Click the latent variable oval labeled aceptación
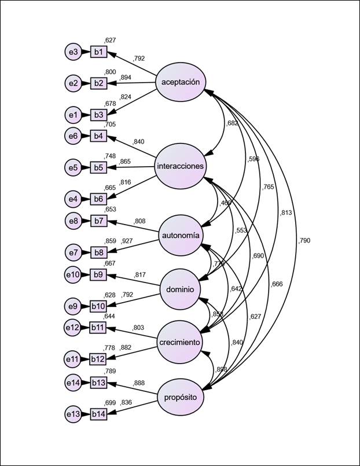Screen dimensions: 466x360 (181, 82)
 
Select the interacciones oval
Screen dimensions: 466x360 (181, 167)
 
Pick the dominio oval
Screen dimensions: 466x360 (181, 289)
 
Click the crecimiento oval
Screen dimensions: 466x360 (181, 343)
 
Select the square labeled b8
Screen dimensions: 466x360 (98, 252)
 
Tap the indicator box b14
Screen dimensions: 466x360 (100, 414)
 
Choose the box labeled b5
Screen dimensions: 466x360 (98, 168)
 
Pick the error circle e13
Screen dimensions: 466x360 (73, 414)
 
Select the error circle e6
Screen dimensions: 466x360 (73, 136)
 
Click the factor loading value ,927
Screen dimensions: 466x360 (128, 241)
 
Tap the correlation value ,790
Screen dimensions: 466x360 (304, 240)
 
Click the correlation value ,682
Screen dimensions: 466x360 (232, 123)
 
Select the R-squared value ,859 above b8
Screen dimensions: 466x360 (110, 241)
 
